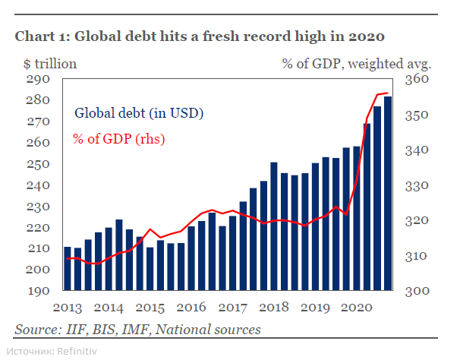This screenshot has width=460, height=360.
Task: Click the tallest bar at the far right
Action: tap(388, 194)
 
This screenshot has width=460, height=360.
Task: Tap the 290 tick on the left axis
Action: tap(39, 79)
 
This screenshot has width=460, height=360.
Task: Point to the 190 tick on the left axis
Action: tap(39, 291)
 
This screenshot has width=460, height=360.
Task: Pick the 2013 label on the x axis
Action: tap(68, 308)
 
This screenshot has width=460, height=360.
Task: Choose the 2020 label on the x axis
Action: tap(355, 308)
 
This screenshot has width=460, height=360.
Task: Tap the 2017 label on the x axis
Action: tap(232, 308)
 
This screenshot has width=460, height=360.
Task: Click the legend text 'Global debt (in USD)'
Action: tap(138, 113)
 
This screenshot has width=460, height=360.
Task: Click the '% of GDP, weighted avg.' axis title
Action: tap(356, 63)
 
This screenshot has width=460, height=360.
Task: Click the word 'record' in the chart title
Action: tap(266, 36)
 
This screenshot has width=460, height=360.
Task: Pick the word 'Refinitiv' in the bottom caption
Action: tap(77, 351)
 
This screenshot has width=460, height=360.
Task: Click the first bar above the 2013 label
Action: tap(68, 269)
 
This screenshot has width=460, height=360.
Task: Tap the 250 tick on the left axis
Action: tap(39, 164)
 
